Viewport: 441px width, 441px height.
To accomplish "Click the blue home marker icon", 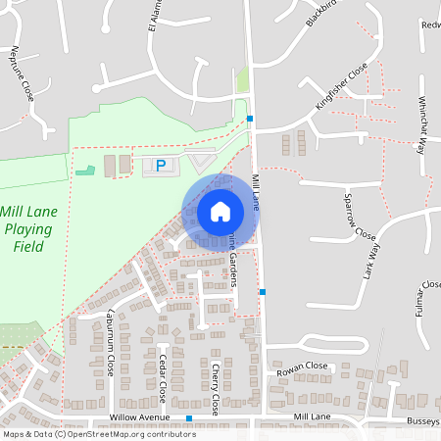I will (x=220, y=211).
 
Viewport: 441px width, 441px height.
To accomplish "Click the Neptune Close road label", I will (x=22, y=73).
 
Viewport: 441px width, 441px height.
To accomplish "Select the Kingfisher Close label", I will (x=341, y=86).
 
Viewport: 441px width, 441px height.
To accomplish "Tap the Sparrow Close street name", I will (x=359, y=217).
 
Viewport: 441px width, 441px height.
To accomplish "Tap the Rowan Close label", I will (x=301, y=366).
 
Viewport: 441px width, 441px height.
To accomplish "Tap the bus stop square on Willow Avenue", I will (x=189, y=418).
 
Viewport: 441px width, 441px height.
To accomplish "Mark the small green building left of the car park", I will (x=86, y=171).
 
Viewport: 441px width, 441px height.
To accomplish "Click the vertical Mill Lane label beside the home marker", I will (x=257, y=190).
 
